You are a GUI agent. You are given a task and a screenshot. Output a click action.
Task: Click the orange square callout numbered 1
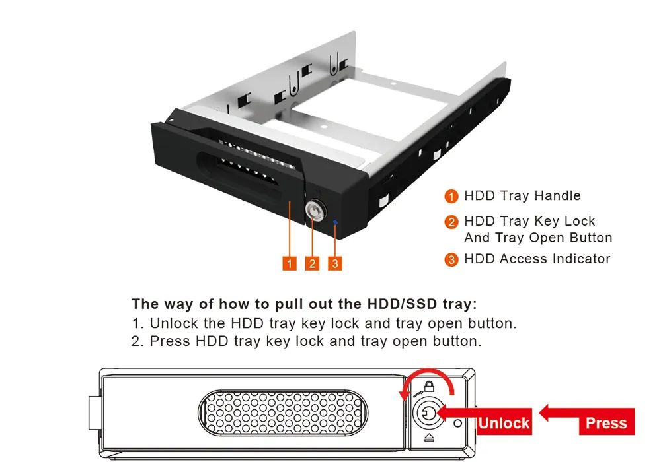(290, 263)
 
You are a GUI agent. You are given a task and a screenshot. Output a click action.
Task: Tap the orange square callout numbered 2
(312, 263)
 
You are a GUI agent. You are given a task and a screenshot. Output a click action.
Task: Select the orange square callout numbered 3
(334, 263)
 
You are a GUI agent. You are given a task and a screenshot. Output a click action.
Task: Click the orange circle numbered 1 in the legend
(451, 196)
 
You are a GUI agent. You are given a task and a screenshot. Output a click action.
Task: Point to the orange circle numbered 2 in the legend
(451, 222)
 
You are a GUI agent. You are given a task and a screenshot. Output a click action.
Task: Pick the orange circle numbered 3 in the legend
(451, 259)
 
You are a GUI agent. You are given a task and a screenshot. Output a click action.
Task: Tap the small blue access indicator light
(336, 222)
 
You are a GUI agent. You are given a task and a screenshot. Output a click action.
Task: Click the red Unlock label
(504, 422)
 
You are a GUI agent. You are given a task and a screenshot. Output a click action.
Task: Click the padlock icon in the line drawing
(429, 386)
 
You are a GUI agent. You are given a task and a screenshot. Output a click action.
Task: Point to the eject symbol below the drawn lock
(429, 438)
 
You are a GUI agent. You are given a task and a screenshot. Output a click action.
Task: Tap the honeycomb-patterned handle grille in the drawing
(283, 412)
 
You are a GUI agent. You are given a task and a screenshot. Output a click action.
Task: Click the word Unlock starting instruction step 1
(174, 323)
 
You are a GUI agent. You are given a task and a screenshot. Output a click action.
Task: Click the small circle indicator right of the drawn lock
(458, 423)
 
